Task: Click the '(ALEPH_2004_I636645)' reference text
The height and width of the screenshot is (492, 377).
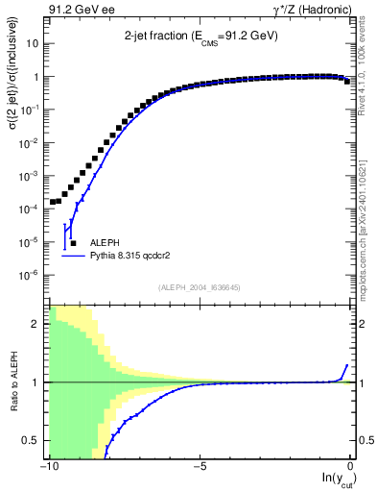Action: pyautogui.click(x=200, y=285)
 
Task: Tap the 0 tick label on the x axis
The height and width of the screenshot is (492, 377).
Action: pyautogui.click(x=352, y=465)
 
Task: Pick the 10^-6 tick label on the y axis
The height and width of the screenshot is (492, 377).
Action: pyautogui.click(x=29, y=275)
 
